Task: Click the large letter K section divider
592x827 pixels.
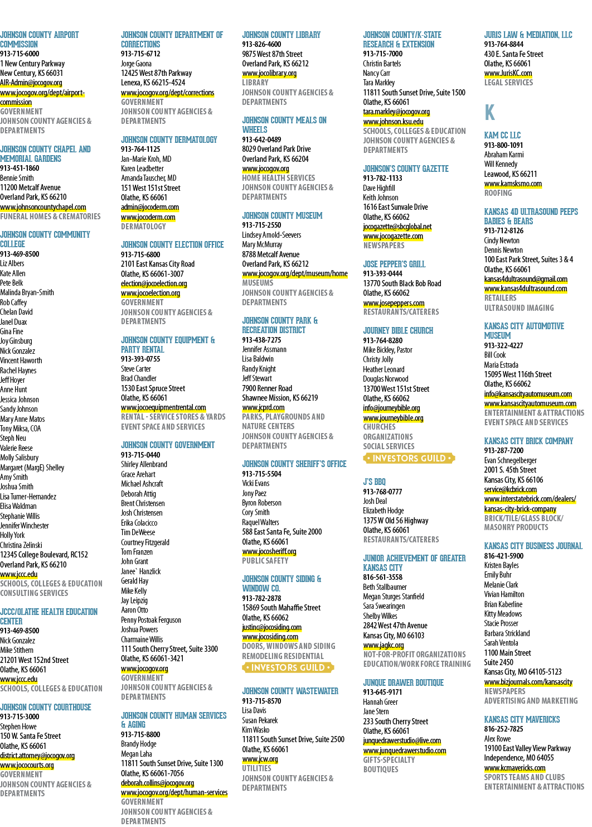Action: tap(489, 112)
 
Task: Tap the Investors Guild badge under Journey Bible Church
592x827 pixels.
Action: tap(409, 458)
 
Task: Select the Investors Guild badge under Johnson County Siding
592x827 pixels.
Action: tap(288, 667)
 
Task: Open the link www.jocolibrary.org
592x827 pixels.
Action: tap(269, 73)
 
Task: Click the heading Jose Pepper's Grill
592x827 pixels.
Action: tap(394, 264)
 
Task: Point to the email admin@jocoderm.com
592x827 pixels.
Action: tap(150, 207)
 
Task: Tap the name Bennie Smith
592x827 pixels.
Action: tap(17, 177)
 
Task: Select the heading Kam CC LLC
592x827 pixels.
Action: tap(502, 135)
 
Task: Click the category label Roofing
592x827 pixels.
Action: tap(498, 193)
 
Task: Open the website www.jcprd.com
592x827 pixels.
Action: tap(263, 407)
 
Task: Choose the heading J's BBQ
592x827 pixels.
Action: tap(374, 482)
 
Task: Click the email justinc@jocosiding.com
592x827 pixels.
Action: tap(271, 627)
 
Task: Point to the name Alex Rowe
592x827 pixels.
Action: tap(497, 739)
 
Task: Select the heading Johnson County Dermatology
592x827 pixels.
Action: tap(169, 140)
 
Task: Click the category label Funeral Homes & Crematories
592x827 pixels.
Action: tap(50, 217)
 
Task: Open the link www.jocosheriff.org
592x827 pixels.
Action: tap(269, 551)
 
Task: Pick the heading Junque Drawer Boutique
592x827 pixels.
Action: tap(403, 682)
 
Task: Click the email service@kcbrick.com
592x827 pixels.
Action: tap(510, 489)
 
